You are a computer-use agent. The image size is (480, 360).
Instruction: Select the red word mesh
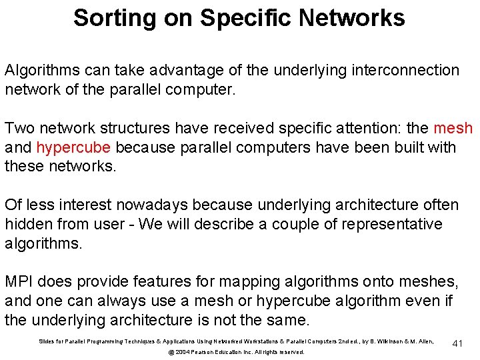[453, 127]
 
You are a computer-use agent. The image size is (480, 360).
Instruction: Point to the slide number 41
[457, 343]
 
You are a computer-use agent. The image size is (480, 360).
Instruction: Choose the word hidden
[27, 224]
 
